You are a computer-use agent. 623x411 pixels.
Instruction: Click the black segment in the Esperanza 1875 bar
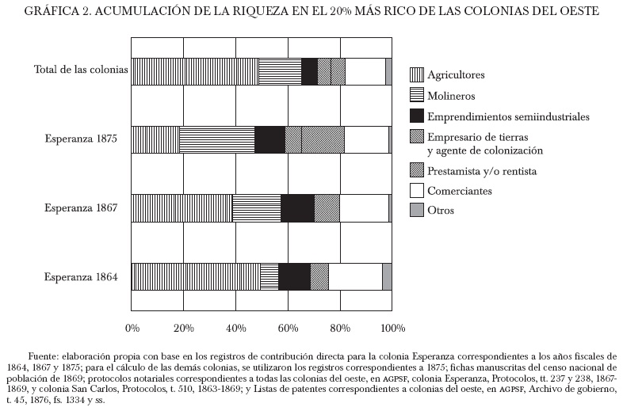point(269,139)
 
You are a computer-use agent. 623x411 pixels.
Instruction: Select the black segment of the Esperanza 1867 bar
point(297,207)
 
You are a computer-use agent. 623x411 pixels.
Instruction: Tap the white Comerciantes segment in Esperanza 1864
point(355,276)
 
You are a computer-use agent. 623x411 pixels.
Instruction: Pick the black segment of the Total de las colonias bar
point(309,71)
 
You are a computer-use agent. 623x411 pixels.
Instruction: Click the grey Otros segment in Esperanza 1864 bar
point(387,276)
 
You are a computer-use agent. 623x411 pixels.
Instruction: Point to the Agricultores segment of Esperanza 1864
point(196,276)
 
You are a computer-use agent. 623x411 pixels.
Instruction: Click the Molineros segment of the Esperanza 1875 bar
point(217,139)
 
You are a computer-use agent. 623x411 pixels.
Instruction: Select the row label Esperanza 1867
point(81,208)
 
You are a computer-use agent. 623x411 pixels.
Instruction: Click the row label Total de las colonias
point(81,70)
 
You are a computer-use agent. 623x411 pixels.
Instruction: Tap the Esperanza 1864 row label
point(81,277)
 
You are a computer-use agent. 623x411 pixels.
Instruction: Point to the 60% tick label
point(288,328)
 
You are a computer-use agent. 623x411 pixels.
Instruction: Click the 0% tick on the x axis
point(132,328)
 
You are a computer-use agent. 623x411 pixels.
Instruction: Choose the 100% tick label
point(393,328)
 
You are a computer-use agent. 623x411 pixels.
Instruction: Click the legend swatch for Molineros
point(415,96)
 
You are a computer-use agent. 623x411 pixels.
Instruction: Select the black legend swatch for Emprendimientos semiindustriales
point(415,116)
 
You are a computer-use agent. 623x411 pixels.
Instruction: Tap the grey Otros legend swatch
point(415,211)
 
